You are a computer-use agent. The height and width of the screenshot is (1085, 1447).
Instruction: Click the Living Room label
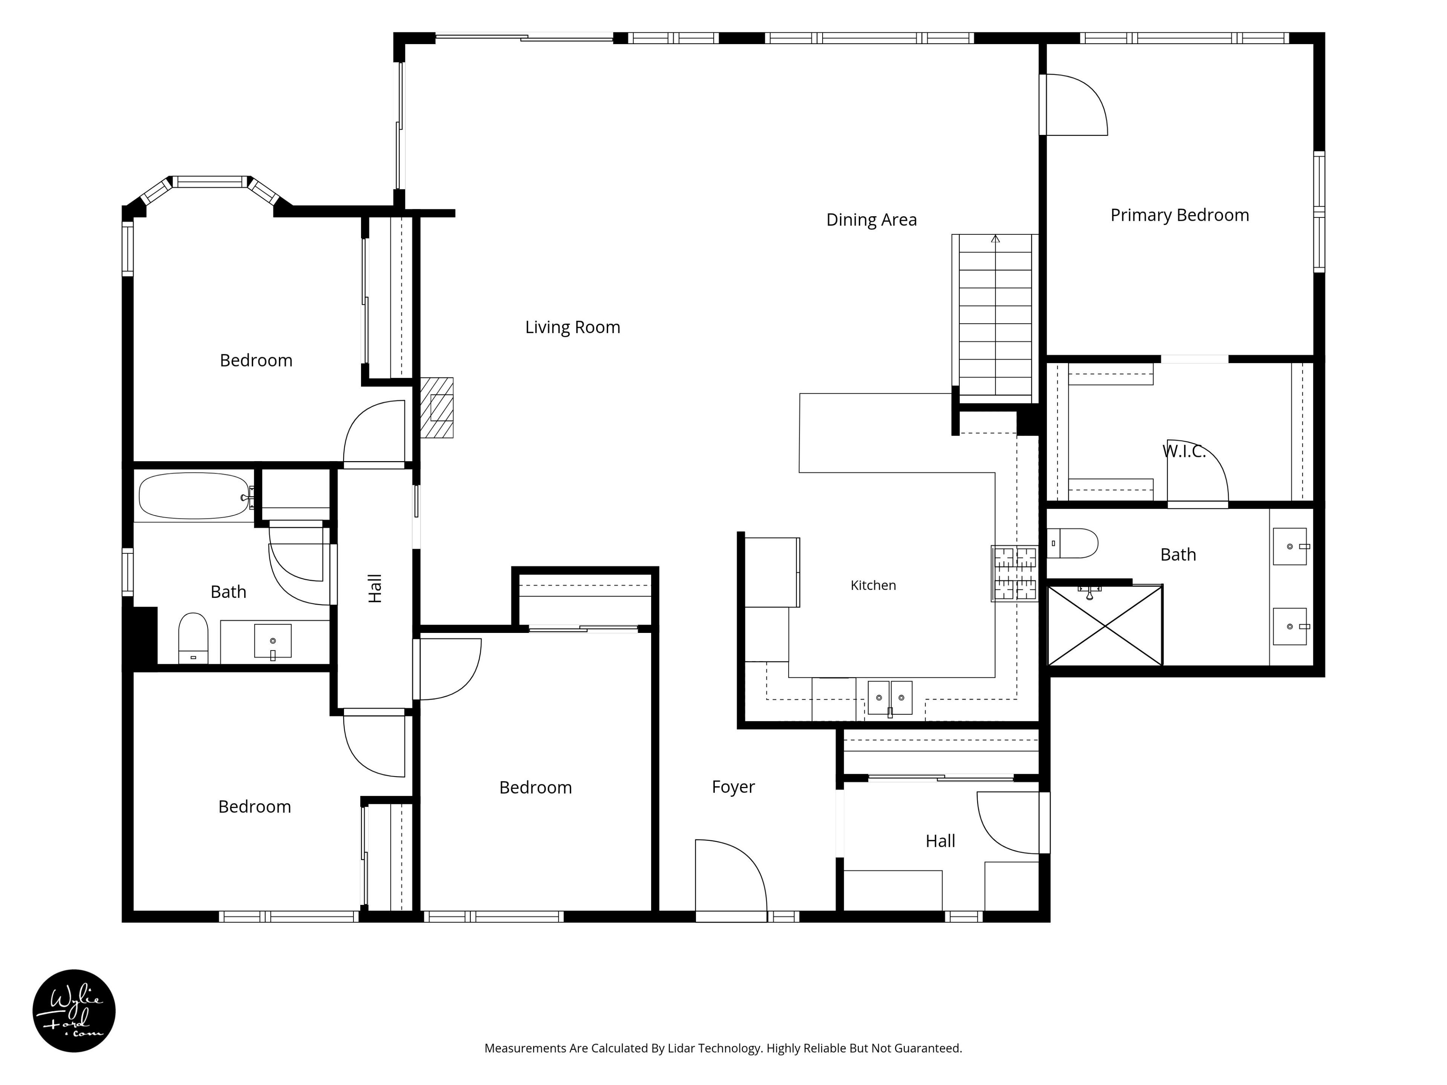click(x=572, y=327)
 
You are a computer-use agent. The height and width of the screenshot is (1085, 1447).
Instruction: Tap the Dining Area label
click(x=871, y=220)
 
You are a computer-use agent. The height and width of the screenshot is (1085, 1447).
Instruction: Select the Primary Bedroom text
click(x=1179, y=215)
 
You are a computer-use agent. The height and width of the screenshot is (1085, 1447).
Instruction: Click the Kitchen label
click(x=873, y=585)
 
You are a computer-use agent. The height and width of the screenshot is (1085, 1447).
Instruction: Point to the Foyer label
click(x=733, y=787)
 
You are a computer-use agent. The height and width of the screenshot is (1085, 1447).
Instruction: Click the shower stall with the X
click(x=1105, y=626)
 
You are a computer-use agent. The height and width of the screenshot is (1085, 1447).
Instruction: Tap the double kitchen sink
click(x=890, y=698)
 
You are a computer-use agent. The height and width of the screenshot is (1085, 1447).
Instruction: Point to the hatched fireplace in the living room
click(x=436, y=408)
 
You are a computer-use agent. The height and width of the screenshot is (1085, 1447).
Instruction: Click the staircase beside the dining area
click(x=995, y=315)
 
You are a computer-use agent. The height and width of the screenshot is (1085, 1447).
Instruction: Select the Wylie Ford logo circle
click(x=74, y=1010)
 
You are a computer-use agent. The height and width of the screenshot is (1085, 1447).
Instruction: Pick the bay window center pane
click(x=211, y=182)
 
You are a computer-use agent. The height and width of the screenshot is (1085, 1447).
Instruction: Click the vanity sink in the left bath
click(x=273, y=641)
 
